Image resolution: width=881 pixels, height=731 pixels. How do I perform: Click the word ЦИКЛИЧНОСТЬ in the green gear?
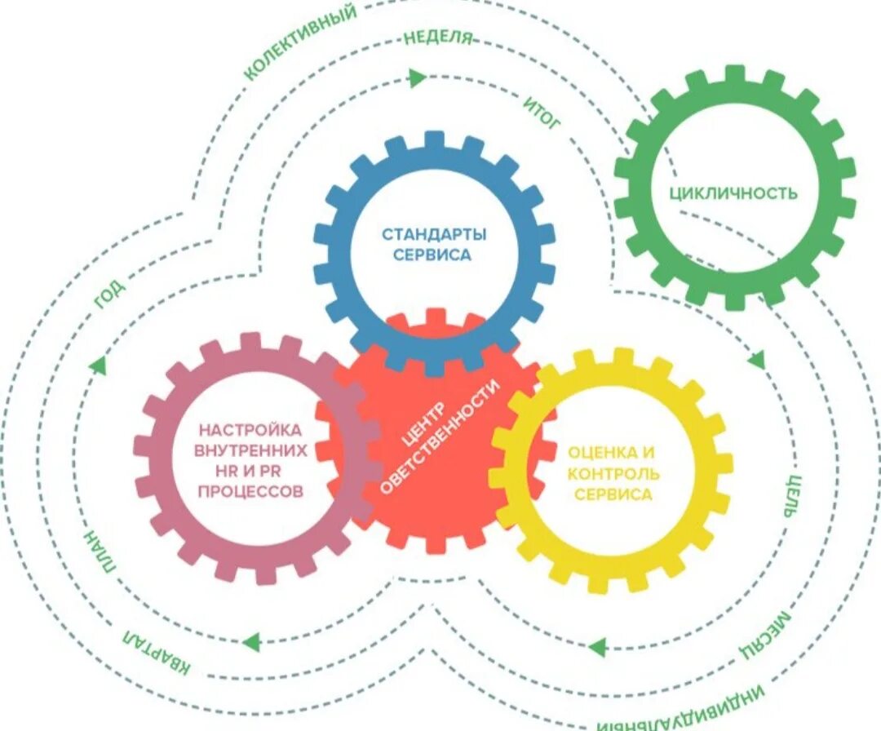coord(733,193)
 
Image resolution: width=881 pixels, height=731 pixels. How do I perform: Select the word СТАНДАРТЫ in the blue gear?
coord(434,235)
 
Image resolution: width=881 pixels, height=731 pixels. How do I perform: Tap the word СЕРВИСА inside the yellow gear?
coord(613,494)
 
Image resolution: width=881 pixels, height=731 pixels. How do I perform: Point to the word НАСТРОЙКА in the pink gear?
coord(250,429)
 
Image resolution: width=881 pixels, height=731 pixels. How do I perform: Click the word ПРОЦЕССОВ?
coord(250,491)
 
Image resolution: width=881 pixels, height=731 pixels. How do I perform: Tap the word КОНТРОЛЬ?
coord(613,473)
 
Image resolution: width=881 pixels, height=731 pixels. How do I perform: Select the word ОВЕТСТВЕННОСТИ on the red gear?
coord(441,436)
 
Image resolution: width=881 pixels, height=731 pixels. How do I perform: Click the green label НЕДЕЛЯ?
coord(438,38)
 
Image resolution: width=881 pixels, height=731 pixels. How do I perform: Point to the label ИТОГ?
coord(542,113)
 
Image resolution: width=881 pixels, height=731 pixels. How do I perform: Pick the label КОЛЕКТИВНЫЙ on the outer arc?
coord(300,42)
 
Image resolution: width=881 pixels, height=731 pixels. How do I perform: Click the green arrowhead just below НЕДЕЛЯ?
coord(418,78)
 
